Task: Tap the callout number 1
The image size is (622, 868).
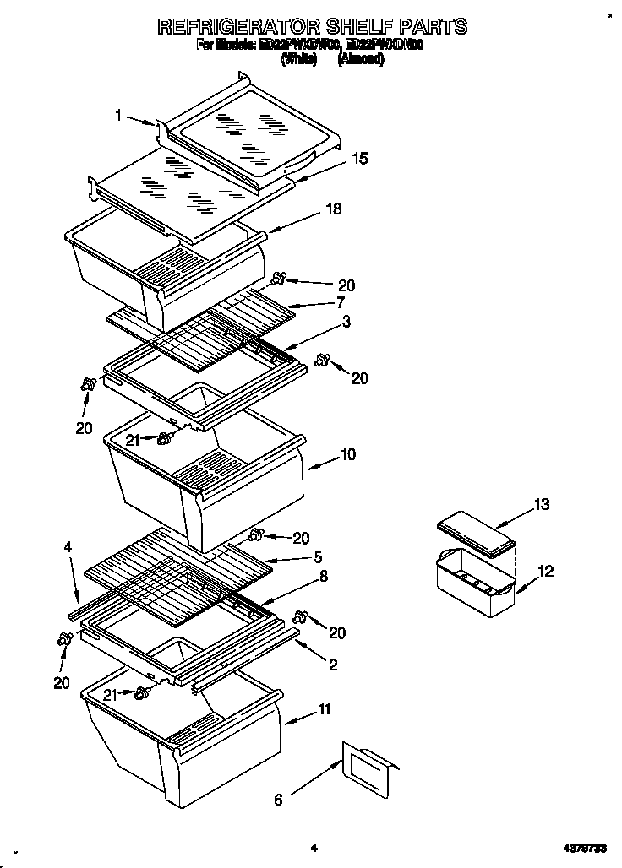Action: point(120,117)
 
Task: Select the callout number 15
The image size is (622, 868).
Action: point(360,158)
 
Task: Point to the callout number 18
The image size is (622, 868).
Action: point(334,209)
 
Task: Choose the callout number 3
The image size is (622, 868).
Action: point(346,322)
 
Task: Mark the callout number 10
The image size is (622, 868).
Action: point(347,455)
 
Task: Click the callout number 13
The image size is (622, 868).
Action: point(541,505)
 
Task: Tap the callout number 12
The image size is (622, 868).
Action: point(546,572)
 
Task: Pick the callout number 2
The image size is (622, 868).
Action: point(333,665)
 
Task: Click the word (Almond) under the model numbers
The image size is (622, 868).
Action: point(361,60)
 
